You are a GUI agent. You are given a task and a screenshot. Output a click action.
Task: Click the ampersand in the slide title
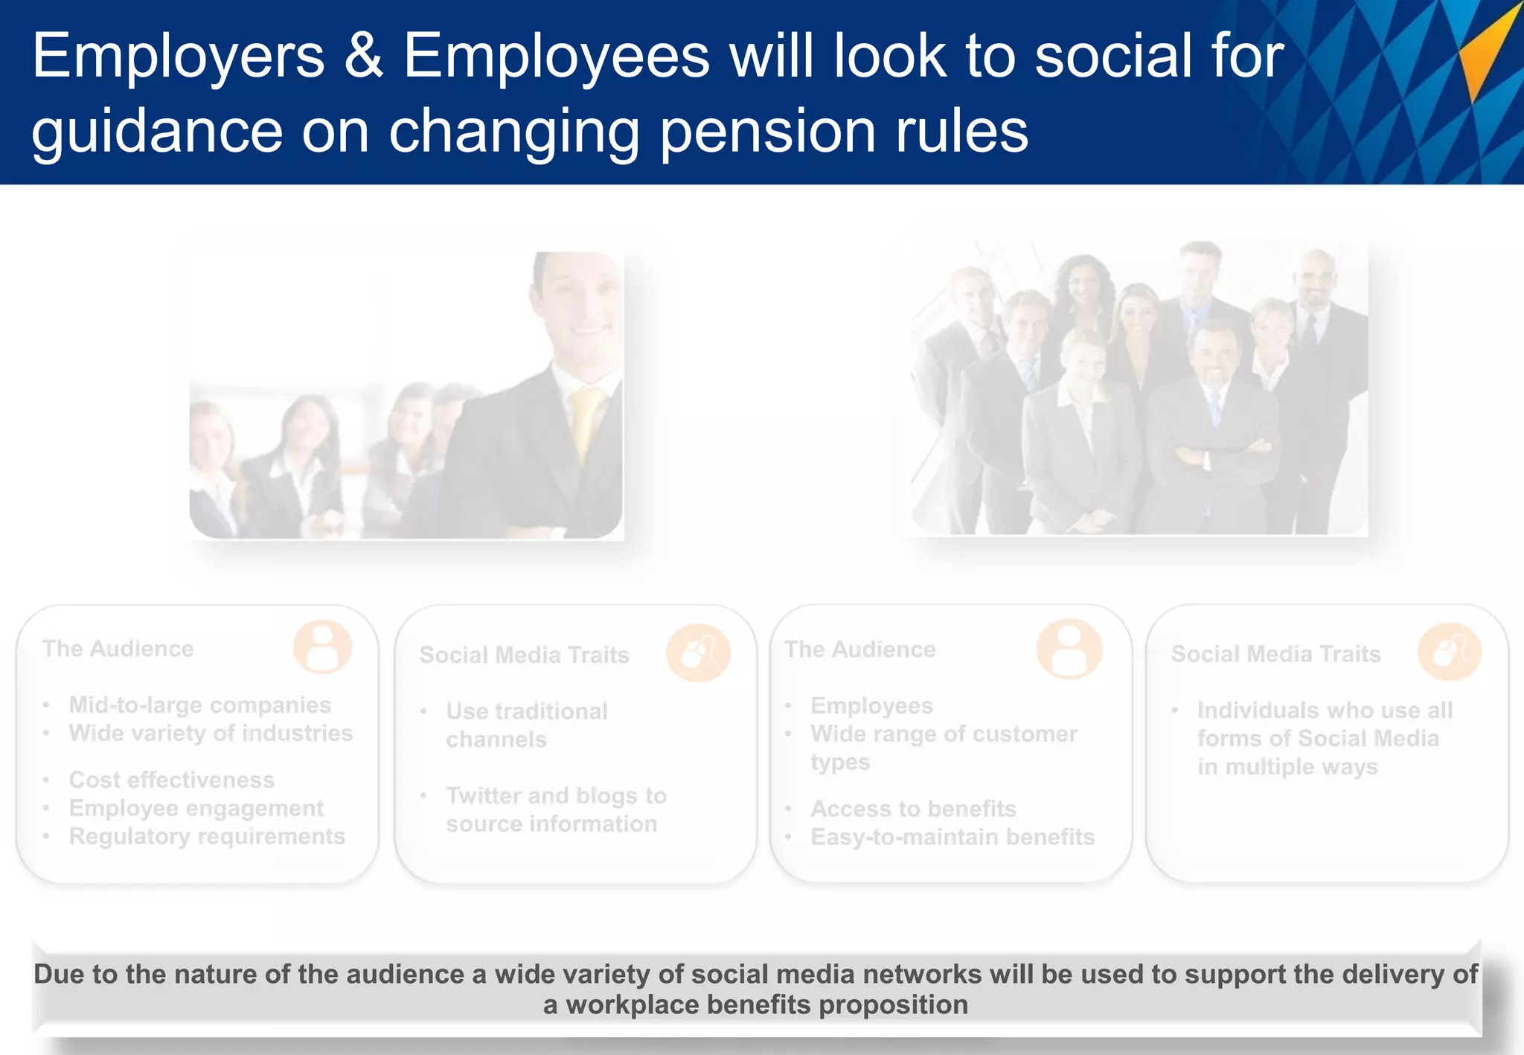tap(363, 56)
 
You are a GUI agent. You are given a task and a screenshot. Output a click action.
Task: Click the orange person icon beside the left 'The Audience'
tap(322, 647)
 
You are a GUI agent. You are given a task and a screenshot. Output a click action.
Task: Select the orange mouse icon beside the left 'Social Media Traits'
tap(698, 652)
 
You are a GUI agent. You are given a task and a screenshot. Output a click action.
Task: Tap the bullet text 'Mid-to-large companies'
tap(199, 705)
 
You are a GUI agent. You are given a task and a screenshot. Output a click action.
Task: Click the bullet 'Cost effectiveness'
tap(172, 780)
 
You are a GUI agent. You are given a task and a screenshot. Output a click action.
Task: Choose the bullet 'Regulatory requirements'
tap(207, 836)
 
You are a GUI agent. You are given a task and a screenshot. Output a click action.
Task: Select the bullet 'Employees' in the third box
tap(871, 705)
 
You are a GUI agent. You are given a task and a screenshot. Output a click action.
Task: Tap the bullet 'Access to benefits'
tap(913, 809)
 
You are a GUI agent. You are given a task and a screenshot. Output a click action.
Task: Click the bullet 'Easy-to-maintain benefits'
tap(952, 837)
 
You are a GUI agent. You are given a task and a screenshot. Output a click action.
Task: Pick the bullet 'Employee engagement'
tap(196, 808)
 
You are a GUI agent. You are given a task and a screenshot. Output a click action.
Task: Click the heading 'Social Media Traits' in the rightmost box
tap(1275, 654)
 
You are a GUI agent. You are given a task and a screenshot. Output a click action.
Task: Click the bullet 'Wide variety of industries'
tap(211, 733)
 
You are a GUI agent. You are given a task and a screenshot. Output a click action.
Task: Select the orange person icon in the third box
tap(1069, 648)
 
